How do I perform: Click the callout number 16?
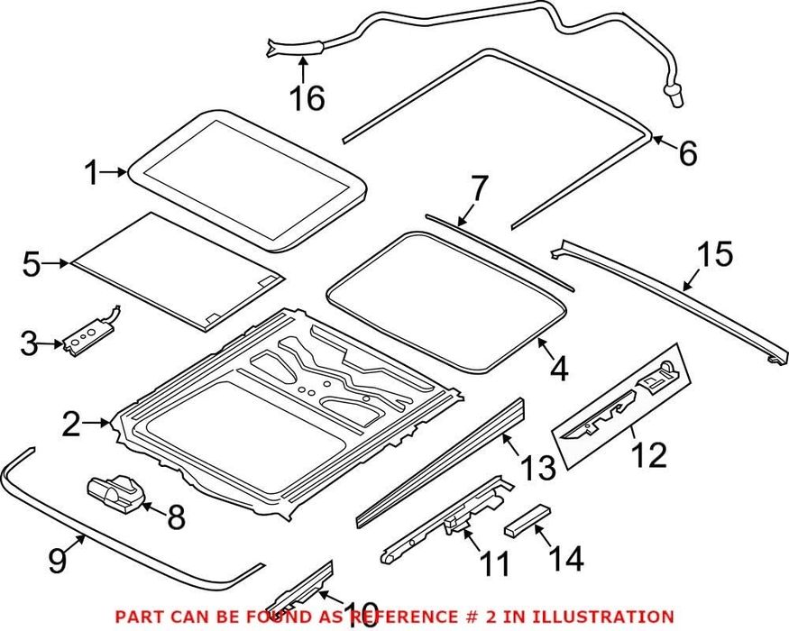click(x=307, y=97)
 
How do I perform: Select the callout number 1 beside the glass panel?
click(x=92, y=172)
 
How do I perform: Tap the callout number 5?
click(x=32, y=264)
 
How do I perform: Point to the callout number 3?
click(x=29, y=344)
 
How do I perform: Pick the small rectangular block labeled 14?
click(x=527, y=521)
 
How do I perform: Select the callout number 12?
click(x=649, y=454)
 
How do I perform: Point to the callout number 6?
click(x=687, y=152)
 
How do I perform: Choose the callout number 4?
click(x=559, y=369)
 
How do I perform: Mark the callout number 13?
click(x=537, y=468)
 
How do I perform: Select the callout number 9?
click(x=58, y=560)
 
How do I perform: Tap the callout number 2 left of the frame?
click(x=71, y=425)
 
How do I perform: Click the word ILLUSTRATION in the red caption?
click(x=603, y=617)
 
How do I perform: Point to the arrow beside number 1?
click(x=113, y=172)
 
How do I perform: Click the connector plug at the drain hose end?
click(x=674, y=96)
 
